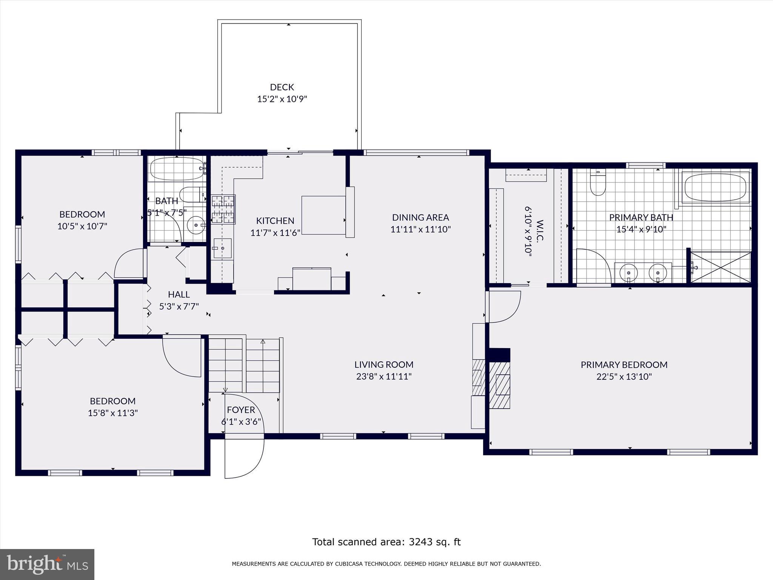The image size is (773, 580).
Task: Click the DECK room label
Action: pos(282,87)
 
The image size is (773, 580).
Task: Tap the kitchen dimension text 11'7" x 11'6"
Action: pos(275,233)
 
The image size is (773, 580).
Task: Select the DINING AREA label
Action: pos(420,217)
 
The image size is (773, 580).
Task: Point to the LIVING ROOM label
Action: pos(384,365)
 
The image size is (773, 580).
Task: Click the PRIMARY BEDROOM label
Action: pos(624,365)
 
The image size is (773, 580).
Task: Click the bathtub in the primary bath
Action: pos(715,187)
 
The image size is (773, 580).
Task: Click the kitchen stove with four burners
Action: pos(223,210)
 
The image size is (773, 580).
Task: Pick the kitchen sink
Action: pos(222,248)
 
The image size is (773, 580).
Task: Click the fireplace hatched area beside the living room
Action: pos(499,385)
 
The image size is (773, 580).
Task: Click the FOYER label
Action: pos(241,410)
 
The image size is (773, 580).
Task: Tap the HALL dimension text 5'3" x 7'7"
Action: pos(179,306)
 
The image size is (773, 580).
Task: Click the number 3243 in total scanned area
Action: pos(421,542)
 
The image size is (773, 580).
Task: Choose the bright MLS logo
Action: pos(47,565)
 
